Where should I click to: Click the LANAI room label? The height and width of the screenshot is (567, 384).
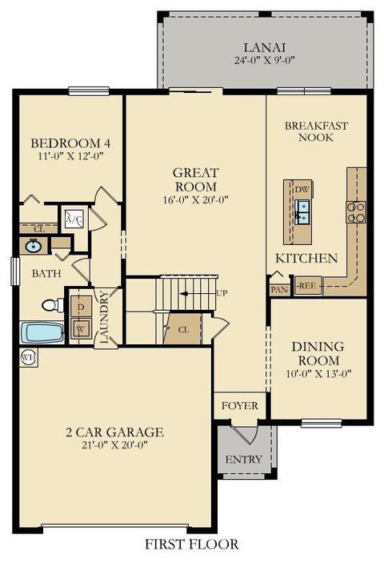265,47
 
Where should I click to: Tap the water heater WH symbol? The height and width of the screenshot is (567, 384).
29,357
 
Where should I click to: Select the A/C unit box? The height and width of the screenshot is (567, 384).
74,219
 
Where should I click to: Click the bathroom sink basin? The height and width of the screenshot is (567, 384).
33,247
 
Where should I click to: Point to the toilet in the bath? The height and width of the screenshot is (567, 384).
53,305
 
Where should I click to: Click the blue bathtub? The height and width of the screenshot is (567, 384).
42,332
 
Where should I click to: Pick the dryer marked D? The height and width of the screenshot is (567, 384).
81,307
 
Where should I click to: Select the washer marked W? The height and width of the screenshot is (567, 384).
81,328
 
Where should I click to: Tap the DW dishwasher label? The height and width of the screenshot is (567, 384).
302,190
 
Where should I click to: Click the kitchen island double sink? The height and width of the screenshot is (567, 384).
302,212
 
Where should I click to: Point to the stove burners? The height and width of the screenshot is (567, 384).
356,212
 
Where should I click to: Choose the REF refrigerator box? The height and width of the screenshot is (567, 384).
307,286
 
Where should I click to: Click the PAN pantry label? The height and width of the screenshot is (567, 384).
280,290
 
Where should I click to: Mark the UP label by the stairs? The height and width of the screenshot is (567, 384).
222,293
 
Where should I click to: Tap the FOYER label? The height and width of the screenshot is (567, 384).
240,406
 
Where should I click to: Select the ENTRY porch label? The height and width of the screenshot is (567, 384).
244,460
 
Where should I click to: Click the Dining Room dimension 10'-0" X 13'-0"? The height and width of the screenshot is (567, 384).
318,373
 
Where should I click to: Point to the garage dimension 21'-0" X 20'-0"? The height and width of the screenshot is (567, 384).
114,444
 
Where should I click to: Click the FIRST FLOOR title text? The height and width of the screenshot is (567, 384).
192,545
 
